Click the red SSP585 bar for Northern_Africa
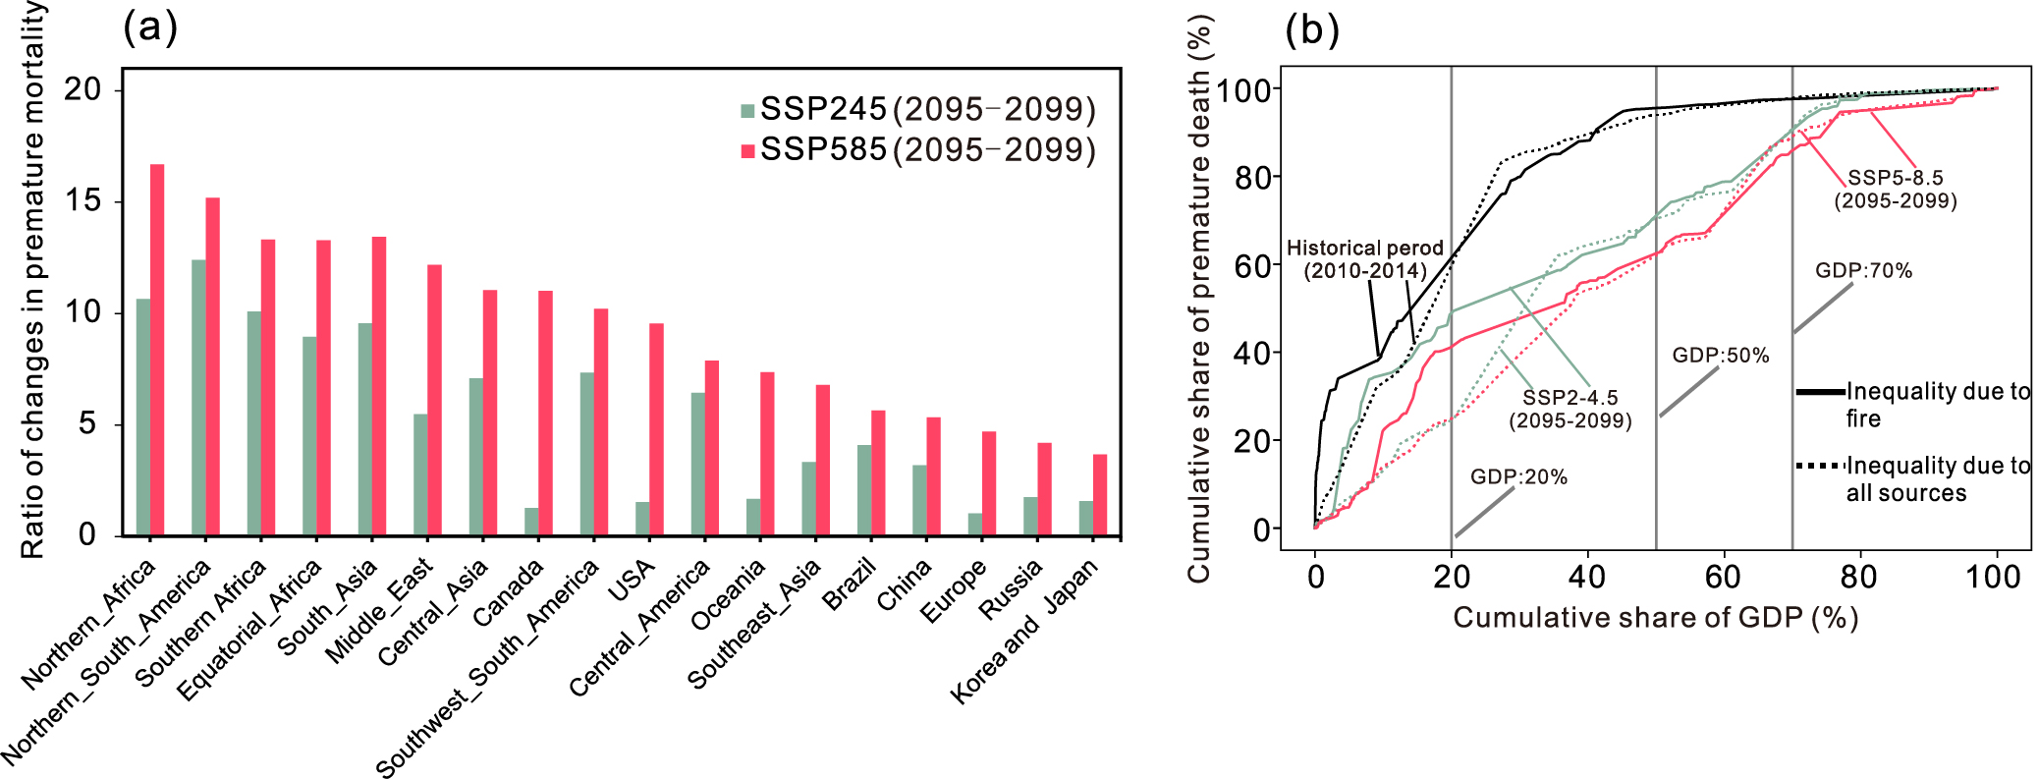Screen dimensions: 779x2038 157,350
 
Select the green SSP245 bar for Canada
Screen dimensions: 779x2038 531,522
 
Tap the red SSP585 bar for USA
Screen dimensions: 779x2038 656,429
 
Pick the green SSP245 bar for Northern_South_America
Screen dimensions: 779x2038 198,398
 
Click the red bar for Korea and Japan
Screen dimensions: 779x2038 1100,495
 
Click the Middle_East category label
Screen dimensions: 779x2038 379,610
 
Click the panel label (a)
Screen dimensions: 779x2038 150,27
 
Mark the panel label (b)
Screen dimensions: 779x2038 1312,30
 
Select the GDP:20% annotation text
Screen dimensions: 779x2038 1518,477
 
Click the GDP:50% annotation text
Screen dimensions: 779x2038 1721,356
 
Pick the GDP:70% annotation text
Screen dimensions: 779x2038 1863,271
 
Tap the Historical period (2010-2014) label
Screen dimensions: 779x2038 1365,259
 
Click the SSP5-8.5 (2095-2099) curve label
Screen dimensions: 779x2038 1896,190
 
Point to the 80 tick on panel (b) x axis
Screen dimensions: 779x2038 1858,577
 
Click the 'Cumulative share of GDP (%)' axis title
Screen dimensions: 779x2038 1655,618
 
